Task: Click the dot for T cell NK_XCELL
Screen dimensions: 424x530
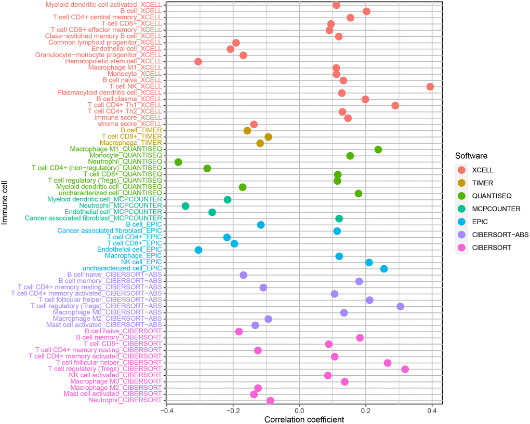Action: point(430,87)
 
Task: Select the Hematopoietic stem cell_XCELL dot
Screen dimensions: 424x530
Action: point(198,62)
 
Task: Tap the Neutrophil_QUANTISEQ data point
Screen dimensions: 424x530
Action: point(178,162)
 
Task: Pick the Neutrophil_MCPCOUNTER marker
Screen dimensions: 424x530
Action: point(186,206)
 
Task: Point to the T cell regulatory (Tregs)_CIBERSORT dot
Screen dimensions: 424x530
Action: point(405,369)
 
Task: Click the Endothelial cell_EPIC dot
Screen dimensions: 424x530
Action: point(198,250)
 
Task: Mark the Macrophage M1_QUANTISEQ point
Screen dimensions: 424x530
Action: point(378,149)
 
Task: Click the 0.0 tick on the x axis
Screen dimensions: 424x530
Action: point(299,411)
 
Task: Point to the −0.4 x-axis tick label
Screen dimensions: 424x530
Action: point(165,411)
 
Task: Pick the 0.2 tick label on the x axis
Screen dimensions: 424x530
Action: point(366,411)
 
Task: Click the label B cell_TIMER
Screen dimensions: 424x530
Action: point(141,130)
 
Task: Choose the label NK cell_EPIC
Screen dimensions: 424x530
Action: point(143,262)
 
